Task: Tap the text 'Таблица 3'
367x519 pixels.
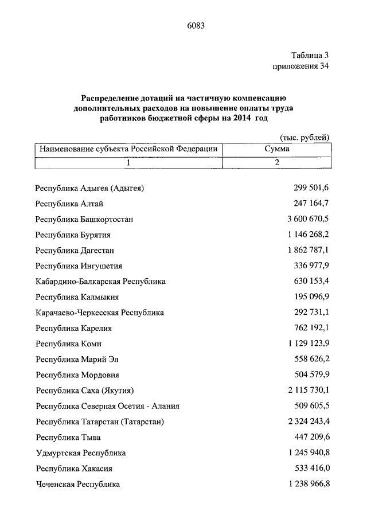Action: click(x=310, y=56)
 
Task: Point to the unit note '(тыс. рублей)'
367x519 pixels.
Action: click(x=304, y=138)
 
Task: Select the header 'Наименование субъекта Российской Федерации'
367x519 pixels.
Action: click(x=128, y=149)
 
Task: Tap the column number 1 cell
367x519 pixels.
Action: click(x=128, y=162)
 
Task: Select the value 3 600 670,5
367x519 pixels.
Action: click(x=304, y=219)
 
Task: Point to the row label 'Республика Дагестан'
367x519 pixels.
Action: click(x=75, y=251)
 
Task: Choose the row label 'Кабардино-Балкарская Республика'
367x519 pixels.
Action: click(x=100, y=282)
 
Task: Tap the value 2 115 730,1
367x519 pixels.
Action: click(x=304, y=391)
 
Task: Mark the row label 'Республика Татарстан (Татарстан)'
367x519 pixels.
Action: click(x=100, y=422)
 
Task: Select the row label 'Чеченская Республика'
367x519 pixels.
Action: click(x=77, y=485)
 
